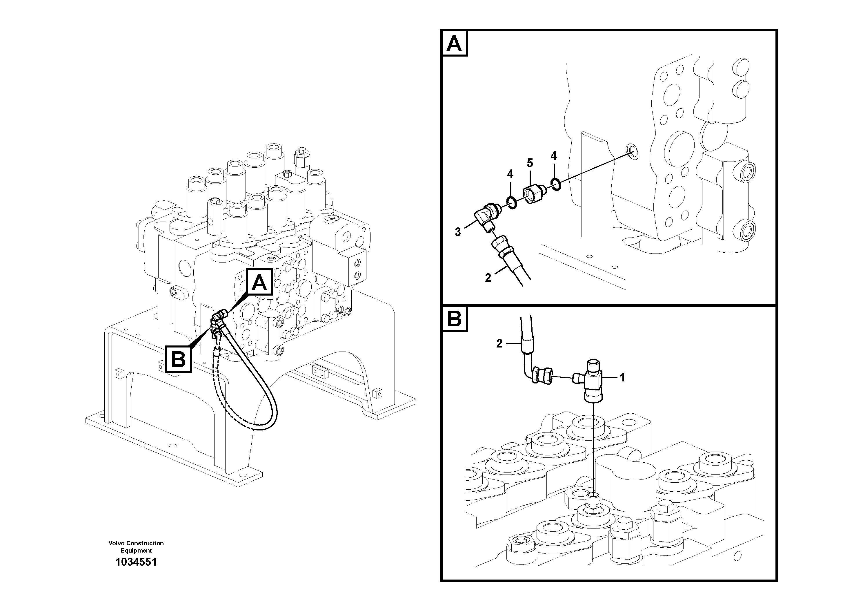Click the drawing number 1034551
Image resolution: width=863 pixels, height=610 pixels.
[x=136, y=562]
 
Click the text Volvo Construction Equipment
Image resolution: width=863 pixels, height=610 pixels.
[x=136, y=546]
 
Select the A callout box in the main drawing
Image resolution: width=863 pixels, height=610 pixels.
[x=259, y=283]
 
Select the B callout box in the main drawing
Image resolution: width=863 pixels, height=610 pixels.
[x=179, y=359]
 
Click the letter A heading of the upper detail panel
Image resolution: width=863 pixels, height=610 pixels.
[x=455, y=44]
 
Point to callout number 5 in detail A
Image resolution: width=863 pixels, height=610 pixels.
[x=530, y=163]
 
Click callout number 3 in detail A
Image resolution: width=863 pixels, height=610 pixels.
[x=458, y=232]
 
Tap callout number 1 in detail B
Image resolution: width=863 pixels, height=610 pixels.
[x=622, y=377]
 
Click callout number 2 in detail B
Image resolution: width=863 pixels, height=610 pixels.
[x=499, y=343]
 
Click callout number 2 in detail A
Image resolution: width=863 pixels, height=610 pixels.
[x=488, y=278]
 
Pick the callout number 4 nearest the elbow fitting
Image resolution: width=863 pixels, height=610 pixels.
[x=510, y=174]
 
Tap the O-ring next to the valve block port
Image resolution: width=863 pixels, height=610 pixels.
[x=556, y=184]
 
